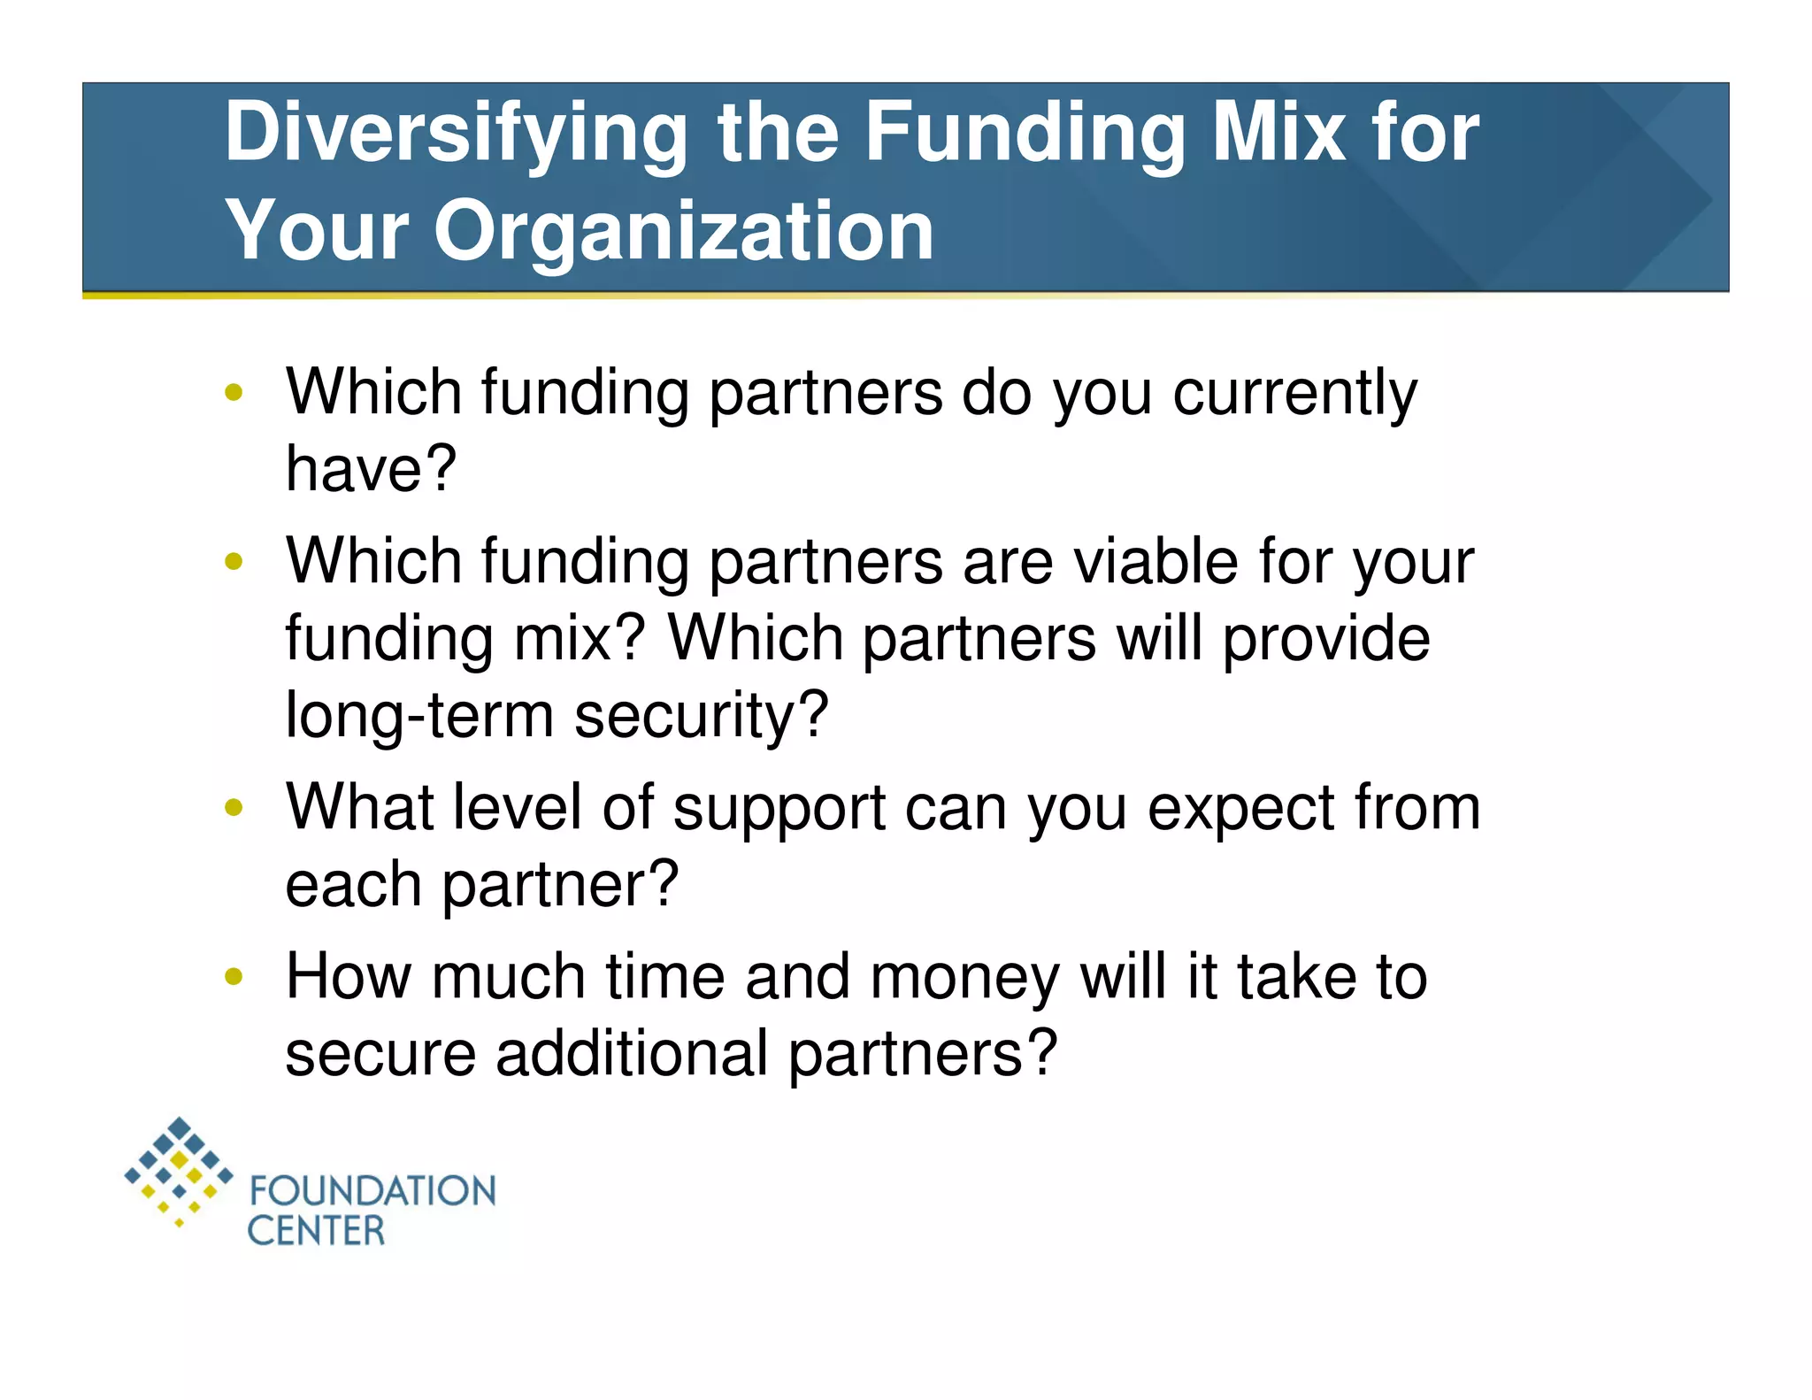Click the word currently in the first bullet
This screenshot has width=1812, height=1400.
(x=1294, y=394)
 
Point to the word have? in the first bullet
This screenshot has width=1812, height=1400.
(x=371, y=468)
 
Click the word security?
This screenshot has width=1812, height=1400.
(x=701, y=716)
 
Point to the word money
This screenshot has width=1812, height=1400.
(x=964, y=979)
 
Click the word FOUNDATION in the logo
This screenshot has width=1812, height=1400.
(x=372, y=1191)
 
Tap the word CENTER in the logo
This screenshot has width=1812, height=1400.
(x=316, y=1231)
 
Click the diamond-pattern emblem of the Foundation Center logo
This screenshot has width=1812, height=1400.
(x=179, y=1171)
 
